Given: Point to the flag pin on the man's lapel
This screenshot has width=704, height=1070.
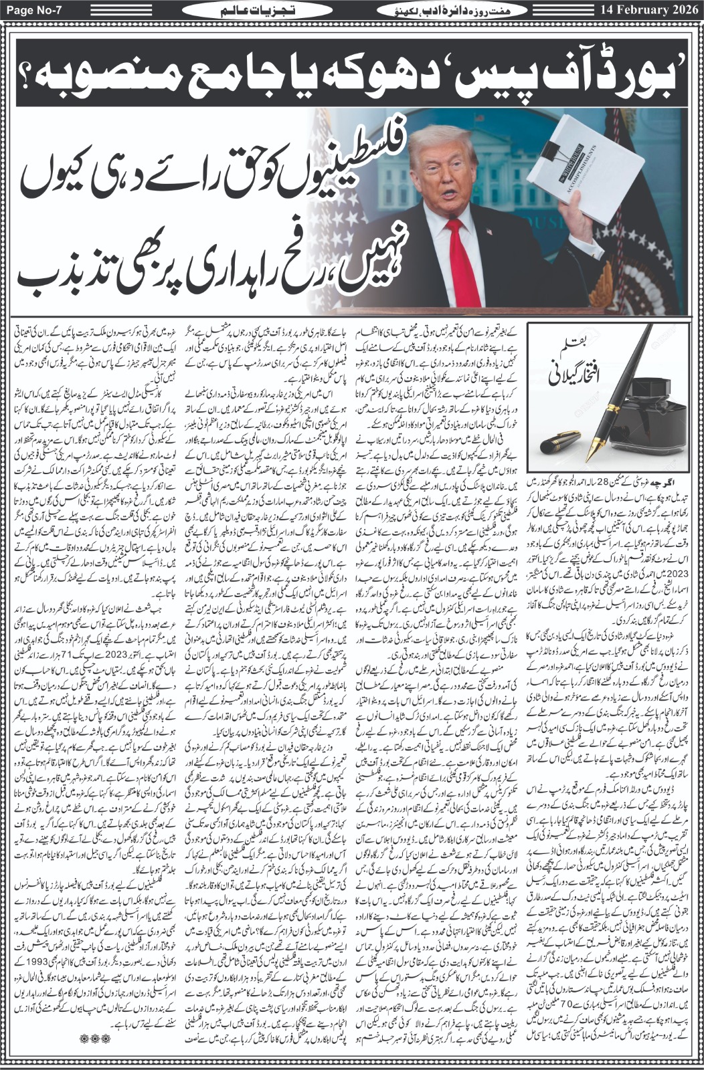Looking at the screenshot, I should [490, 232].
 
